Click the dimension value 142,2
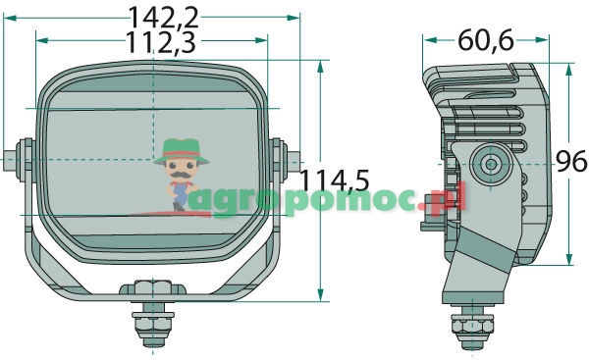(x=163, y=18)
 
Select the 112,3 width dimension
(x=161, y=42)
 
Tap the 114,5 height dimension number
(x=335, y=180)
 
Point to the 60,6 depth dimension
(x=485, y=40)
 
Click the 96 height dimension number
(x=571, y=161)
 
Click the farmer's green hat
(x=182, y=151)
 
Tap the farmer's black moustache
(x=181, y=175)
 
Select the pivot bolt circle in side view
(x=491, y=164)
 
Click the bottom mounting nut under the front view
(x=153, y=325)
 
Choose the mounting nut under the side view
(x=472, y=324)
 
